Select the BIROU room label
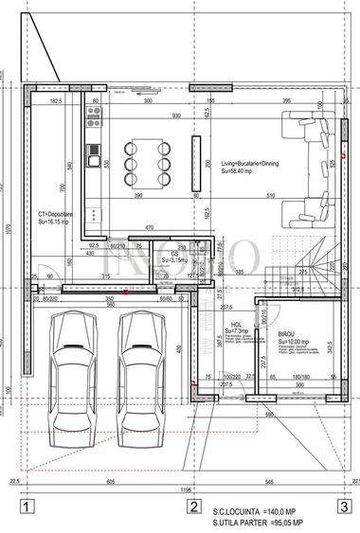(286, 334)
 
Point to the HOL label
(235, 324)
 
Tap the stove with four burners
(94, 117)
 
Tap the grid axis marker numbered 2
(192, 506)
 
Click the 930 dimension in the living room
(176, 115)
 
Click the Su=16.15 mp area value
(56, 222)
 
